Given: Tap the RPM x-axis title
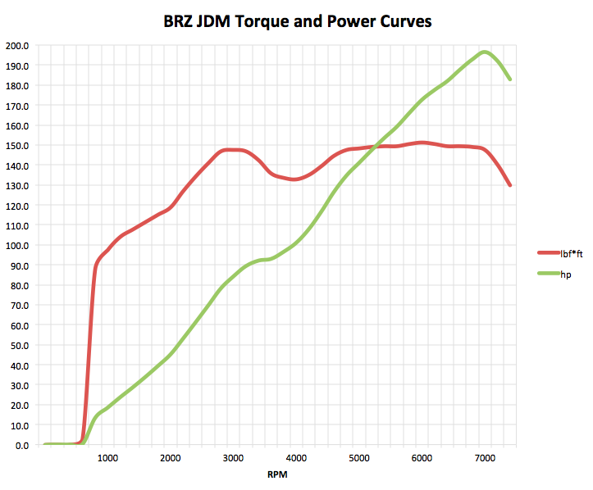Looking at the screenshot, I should pos(276,474).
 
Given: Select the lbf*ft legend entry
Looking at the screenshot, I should pos(572,254).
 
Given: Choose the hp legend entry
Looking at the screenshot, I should pos(566,274).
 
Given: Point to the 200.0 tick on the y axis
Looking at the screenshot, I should pos(16,46).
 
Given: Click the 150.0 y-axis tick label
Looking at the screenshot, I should pos(16,146).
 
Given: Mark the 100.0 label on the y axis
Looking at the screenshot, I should pos(16,246).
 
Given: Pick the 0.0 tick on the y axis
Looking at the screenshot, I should pos(20,446).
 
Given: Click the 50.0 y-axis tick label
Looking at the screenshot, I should pos(19,346).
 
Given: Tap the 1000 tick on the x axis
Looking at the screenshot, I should pos(107,458).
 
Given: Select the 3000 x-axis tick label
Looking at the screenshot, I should pos(233,458).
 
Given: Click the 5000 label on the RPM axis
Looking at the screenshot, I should pos(358,458).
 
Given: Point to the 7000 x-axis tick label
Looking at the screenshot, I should pos(484,458).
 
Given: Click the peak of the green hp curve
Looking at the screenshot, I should pos(485,52).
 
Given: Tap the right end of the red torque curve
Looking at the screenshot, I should pos(509,185).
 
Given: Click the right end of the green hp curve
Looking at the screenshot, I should pos(509,79).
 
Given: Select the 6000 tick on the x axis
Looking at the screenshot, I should pos(422,458).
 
